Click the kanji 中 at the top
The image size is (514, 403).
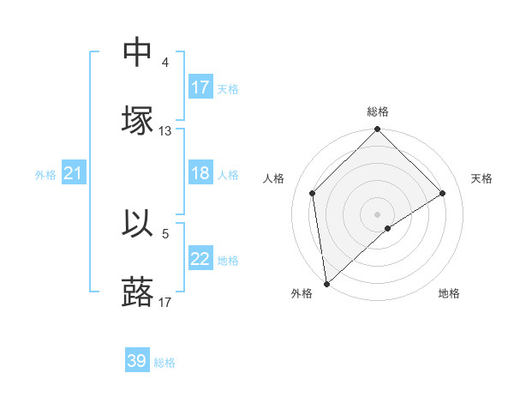(x=138, y=52)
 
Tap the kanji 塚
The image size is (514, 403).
(x=138, y=121)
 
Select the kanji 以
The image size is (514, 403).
(x=138, y=224)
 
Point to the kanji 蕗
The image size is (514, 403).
(x=138, y=292)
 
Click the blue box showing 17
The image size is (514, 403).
(x=200, y=87)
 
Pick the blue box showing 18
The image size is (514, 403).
(x=200, y=174)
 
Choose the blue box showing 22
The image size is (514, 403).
(x=200, y=260)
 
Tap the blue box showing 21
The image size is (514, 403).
(x=73, y=174)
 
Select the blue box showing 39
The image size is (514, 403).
(x=137, y=361)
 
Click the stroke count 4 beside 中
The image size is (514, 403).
(x=165, y=63)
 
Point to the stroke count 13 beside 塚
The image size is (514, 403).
(x=165, y=131)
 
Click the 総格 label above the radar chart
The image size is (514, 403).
(x=378, y=112)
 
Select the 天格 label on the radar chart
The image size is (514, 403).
(x=482, y=178)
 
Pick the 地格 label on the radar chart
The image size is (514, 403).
(x=449, y=293)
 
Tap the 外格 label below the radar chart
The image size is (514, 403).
(x=302, y=293)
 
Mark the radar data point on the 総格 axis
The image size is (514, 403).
(x=378, y=130)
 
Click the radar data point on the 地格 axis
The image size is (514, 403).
(x=388, y=228)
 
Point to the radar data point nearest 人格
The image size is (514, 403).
(x=313, y=193)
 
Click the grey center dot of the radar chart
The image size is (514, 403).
(x=378, y=214)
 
